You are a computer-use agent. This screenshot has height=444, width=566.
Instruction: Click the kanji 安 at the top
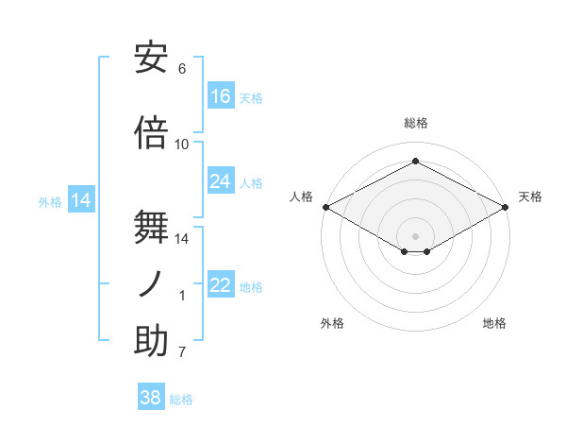(x=152, y=59)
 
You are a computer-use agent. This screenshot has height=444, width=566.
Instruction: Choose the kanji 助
(x=152, y=340)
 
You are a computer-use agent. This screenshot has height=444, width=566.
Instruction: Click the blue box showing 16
(x=221, y=95)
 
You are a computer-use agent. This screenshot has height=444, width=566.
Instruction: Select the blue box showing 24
(x=221, y=181)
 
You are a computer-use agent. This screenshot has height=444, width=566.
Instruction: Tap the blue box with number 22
(x=221, y=285)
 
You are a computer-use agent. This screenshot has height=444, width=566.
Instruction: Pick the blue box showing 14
(x=82, y=200)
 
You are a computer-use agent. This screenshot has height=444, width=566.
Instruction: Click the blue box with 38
(x=151, y=398)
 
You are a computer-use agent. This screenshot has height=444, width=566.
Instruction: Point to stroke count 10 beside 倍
(x=182, y=145)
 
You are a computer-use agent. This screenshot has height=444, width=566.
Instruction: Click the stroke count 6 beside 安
(x=182, y=69)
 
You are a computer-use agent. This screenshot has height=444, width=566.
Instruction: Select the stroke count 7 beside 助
(x=182, y=352)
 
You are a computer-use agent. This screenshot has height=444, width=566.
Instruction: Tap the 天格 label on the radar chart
(x=530, y=196)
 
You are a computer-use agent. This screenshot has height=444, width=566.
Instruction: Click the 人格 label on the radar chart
(x=301, y=196)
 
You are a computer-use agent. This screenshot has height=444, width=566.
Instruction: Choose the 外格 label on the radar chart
(x=332, y=323)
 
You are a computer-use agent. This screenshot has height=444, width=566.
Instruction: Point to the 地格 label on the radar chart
(x=494, y=323)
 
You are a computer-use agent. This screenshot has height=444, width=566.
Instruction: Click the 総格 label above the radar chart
(x=415, y=123)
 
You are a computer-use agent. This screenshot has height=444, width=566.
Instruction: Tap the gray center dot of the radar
(x=415, y=234)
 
